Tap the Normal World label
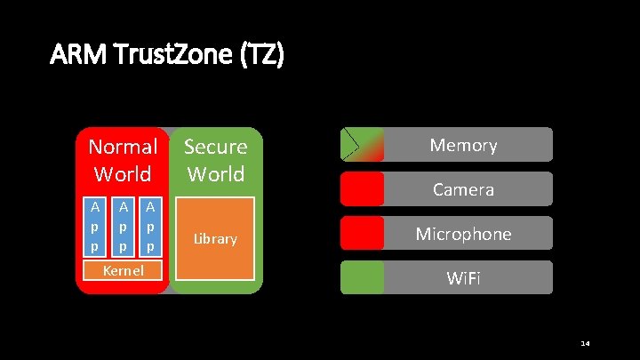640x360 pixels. coord(123,159)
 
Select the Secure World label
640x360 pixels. coord(215,159)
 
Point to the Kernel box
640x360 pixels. coord(123,270)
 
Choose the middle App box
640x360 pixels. coord(123,226)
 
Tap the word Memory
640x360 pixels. coord(463,145)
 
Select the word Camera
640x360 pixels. coord(463,189)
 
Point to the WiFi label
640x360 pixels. coord(463,278)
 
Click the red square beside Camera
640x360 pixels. coord(362,188)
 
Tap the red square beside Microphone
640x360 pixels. coord(362,233)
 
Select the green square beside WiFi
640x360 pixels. coord(362,277)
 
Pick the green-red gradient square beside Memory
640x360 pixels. coord(362,144)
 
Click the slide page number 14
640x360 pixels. coord(585,343)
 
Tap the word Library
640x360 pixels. coord(216,239)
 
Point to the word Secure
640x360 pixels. coord(215,146)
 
